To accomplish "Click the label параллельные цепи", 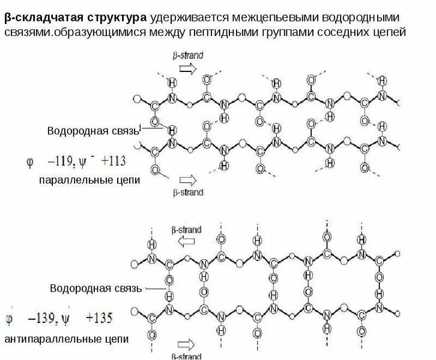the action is click(x=89, y=180).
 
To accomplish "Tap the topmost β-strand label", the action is click(x=187, y=55).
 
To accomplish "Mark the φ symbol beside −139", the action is click(x=11, y=317).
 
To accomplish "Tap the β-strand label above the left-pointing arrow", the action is click(x=187, y=229).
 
